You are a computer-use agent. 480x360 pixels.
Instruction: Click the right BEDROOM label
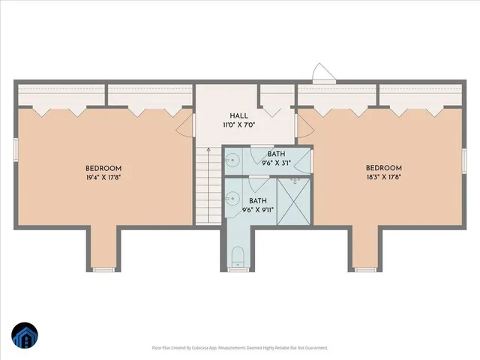pos(384,169)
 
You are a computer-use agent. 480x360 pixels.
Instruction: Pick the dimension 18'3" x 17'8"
pos(384,178)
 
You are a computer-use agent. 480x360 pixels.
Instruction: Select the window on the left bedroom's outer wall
pos(16,148)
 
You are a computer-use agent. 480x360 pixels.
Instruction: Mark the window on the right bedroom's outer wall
pos(465,160)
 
